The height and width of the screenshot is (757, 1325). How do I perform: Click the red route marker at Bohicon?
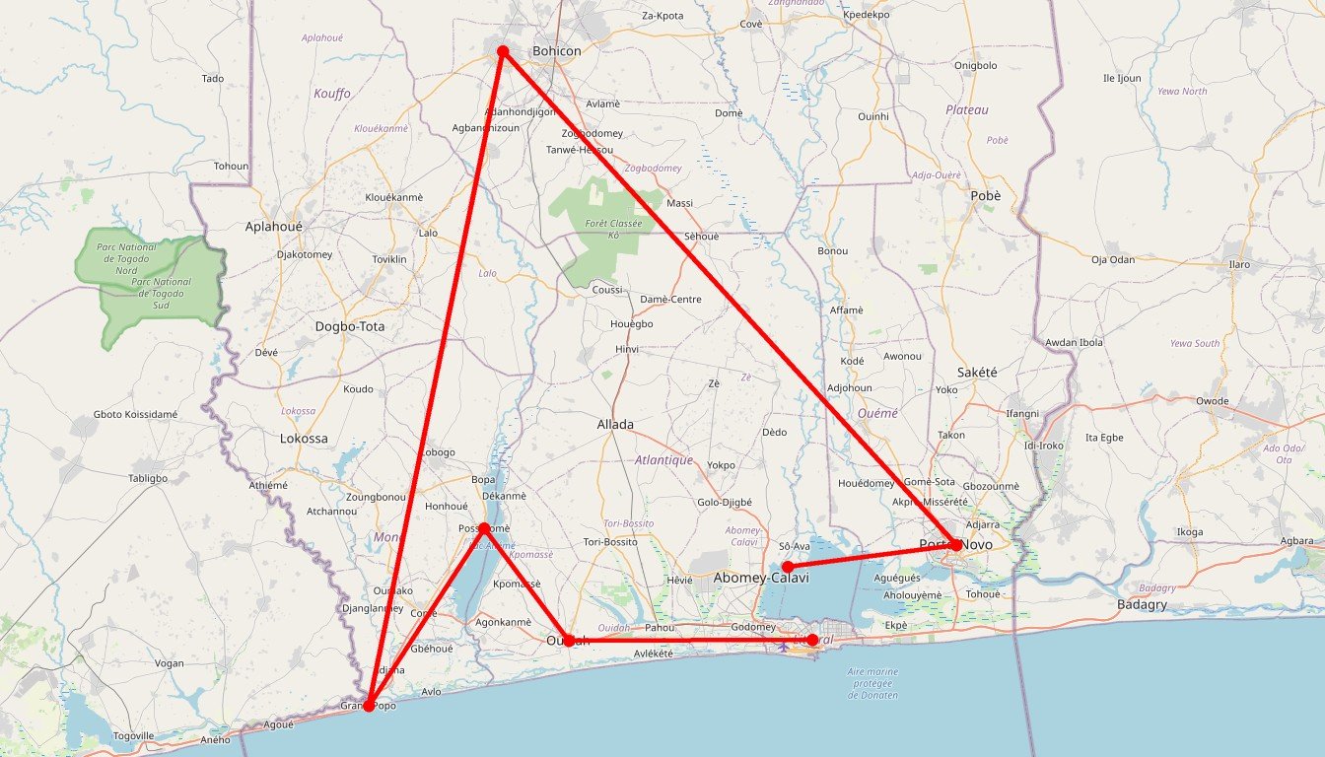(x=502, y=50)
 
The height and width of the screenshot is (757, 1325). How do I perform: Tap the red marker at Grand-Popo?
(x=368, y=706)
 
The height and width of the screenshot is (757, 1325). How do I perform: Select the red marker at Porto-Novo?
(x=955, y=545)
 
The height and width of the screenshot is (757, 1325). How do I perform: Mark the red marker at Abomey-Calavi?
(x=787, y=567)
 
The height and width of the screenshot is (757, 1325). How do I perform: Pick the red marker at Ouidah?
(x=568, y=641)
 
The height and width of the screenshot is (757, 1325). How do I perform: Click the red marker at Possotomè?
(x=483, y=528)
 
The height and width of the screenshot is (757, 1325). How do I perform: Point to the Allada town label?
(x=615, y=425)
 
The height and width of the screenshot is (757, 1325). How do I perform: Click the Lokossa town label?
(x=304, y=439)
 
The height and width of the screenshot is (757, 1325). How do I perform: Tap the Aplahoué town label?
(x=274, y=226)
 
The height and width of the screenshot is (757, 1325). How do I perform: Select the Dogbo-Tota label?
(x=350, y=326)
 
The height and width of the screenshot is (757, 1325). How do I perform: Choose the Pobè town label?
(x=986, y=196)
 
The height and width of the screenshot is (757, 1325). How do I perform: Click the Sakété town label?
(x=977, y=372)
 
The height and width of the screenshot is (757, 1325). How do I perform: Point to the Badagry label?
(x=1143, y=604)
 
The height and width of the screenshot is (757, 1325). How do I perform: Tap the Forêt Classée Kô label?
(x=613, y=229)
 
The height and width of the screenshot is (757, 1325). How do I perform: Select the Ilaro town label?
(x=1238, y=264)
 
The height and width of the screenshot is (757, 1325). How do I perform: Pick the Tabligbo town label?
(x=148, y=478)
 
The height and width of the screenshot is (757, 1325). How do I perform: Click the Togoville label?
(x=133, y=735)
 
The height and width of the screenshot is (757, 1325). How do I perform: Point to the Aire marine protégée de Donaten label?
(x=872, y=683)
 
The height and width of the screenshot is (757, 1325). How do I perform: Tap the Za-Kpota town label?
(x=662, y=16)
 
